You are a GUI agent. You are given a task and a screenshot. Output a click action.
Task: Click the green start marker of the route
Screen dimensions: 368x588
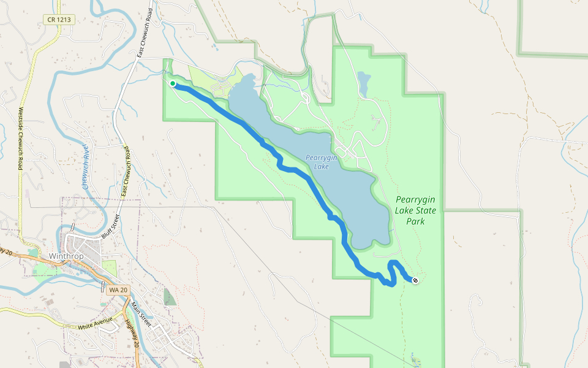[x=173, y=83]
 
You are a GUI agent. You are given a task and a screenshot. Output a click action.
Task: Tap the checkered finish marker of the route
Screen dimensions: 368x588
[x=415, y=280]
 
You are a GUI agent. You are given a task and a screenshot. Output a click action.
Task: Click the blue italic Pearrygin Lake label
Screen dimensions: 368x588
[x=322, y=162]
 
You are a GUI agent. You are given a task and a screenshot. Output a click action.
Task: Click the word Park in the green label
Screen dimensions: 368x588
[x=415, y=221]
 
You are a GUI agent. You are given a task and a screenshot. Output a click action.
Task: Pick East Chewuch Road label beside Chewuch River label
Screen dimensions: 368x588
[x=126, y=175]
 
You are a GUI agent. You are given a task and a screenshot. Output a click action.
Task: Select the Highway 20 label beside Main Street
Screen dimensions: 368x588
[x=130, y=334]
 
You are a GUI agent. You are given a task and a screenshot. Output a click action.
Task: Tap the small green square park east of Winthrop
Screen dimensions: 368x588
[x=109, y=268]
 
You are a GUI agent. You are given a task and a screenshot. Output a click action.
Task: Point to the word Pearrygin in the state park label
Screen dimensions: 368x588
[x=416, y=199]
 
